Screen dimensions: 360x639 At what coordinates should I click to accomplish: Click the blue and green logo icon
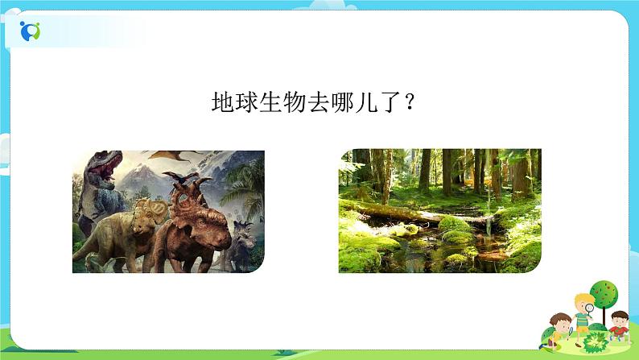pyautogui.click(x=31, y=31)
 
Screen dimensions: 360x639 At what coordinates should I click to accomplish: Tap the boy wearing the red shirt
pyautogui.click(x=618, y=327)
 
